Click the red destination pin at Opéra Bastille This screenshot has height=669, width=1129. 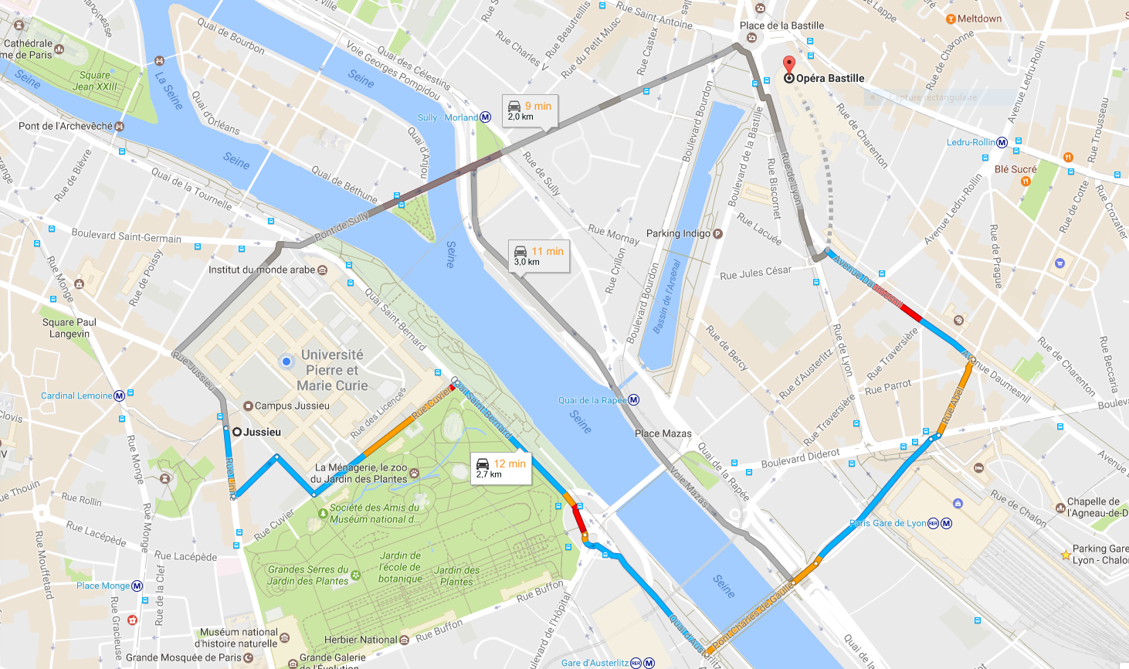788,66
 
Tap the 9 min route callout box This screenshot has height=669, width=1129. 530,110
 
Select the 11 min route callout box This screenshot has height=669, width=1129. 538,256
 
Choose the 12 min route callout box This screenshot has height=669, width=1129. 501,468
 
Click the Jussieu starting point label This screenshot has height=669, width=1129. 262,432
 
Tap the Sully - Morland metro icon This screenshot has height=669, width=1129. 486,117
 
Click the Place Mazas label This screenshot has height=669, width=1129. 663,433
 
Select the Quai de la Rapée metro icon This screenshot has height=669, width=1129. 634,400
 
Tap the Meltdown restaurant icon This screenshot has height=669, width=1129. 951,19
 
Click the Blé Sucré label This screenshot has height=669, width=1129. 1015,169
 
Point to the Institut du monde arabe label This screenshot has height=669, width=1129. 262,270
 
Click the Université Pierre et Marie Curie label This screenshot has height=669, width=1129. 332,370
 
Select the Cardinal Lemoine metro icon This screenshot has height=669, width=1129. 120,396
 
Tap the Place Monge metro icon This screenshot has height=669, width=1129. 137,586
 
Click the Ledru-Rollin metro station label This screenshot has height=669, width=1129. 971,142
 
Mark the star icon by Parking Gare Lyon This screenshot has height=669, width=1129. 1066,555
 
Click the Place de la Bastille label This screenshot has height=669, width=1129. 781,25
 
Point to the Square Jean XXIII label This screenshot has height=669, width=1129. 95,81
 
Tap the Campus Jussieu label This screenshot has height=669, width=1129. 292,406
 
